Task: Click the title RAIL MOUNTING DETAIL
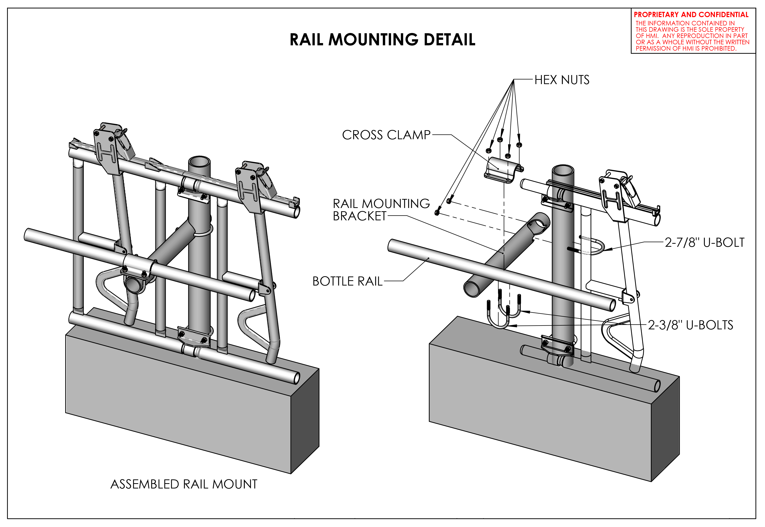(x=382, y=40)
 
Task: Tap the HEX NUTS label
(x=562, y=80)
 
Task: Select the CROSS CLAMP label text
(x=386, y=135)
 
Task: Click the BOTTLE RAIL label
(x=347, y=281)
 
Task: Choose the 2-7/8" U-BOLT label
(x=704, y=243)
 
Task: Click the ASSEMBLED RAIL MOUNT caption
(x=184, y=484)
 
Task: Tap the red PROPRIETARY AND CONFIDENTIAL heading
(x=691, y=15)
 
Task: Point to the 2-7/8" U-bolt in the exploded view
(x=593, y=247)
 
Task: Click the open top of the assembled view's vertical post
(x=199, y=162)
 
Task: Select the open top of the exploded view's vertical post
(x=563, y=171)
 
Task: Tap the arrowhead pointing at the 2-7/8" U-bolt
(x=607, y=249)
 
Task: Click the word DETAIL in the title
(x=449, y=40)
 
